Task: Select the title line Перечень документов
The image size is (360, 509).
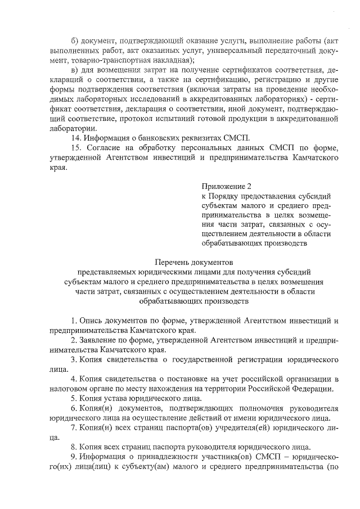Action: coord(193,262)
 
